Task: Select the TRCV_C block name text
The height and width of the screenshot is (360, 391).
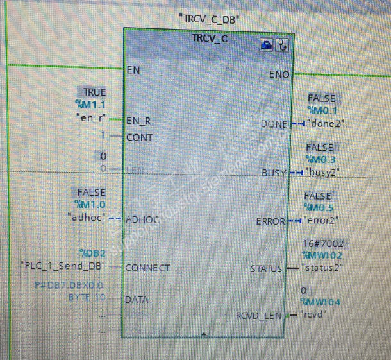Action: click(x=210, y=39)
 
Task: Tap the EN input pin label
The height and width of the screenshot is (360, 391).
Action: click(x=133, y=69)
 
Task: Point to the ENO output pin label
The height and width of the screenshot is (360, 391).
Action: click(x=279, y=74)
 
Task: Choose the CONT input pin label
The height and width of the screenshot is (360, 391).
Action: click(x=139, y=137)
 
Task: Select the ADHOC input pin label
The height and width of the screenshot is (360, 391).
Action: click(x=142, y=219)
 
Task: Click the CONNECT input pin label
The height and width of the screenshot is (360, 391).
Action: click(x=147, y=267)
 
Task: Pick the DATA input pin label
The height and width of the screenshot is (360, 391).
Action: click(x=137, y=299)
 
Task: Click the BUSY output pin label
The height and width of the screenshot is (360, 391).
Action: click(x=274, y=173)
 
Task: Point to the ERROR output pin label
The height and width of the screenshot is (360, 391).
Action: click(x=270, y=221)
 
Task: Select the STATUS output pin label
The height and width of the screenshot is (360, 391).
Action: click(x=266, y=269)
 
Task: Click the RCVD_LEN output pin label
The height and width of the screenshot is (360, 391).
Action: click(x=260, y=315)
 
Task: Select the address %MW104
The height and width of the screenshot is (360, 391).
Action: click(x=320, y=302)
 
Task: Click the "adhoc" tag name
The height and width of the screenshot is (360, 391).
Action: click(x=86, y=217)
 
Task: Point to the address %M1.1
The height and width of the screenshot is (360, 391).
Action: click(x=90, y=105)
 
